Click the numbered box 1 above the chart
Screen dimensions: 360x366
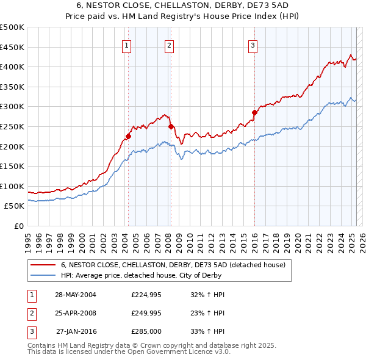tap(126, 44)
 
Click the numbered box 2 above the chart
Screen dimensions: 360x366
tap(168, 44)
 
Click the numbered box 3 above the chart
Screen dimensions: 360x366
tap(253, 44)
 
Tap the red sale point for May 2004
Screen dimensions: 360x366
tap(129, 136)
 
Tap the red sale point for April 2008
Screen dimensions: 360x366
tap(171, 126)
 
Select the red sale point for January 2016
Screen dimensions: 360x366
tap(254, 112)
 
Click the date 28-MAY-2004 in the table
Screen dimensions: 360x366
tap(76, 295)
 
